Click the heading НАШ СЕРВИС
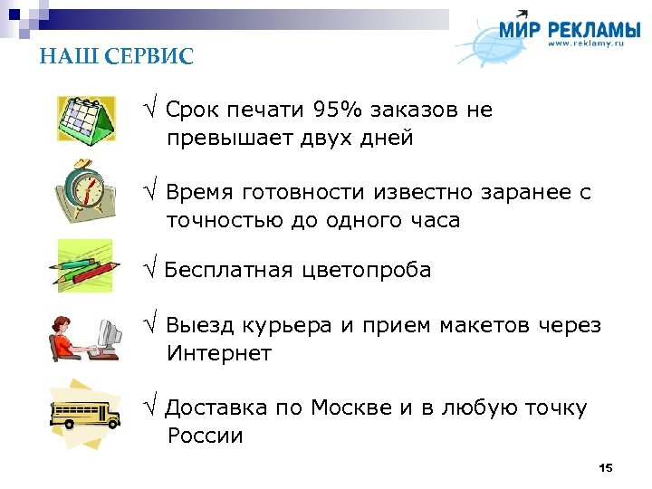pyautogui.click(x=116, y=57)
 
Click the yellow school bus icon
pyautogui.click(x=86, y=412)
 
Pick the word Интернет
pyautogui.click(x=218, y=353)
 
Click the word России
pyautogui.click(x=206, y=436)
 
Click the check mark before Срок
pyautogui.click(x=151, y=110)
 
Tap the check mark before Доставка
pyautogui.click(x=151, y=408)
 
